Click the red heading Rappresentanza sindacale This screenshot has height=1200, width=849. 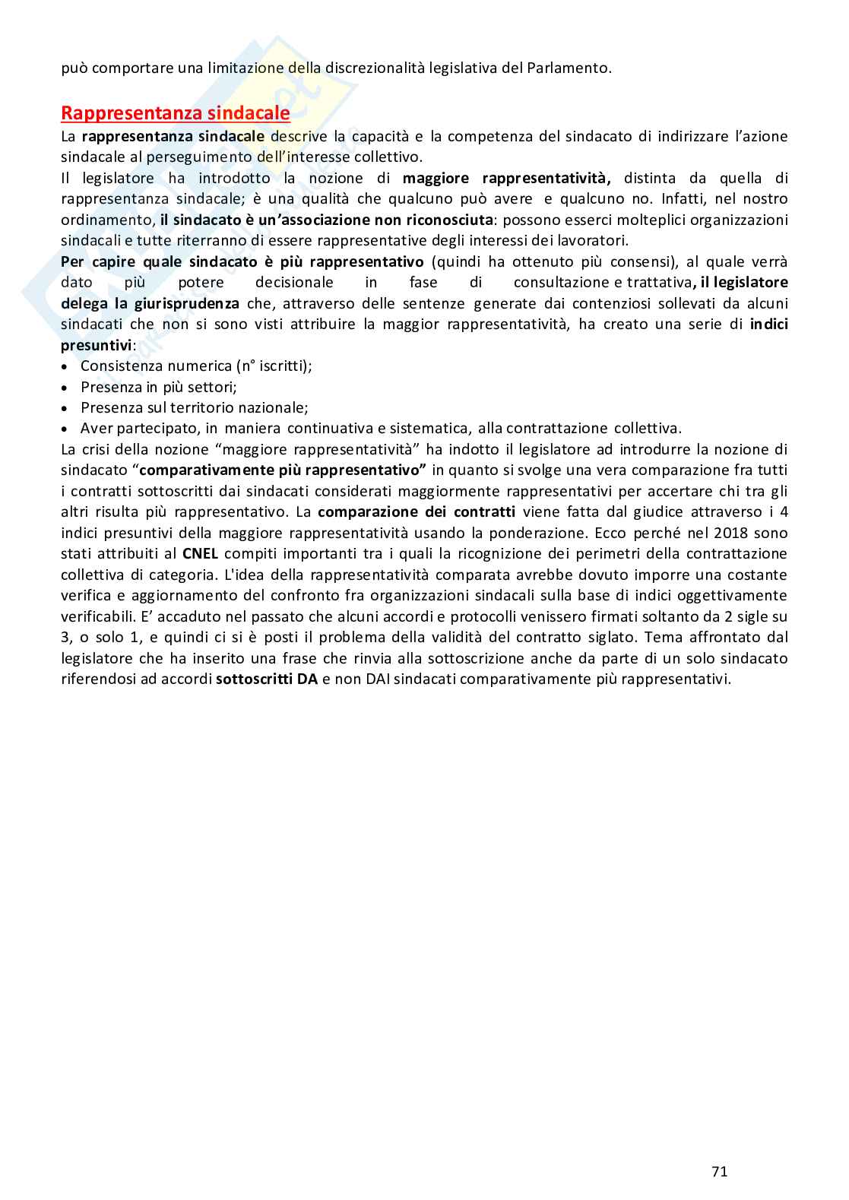click(x=175, y=113)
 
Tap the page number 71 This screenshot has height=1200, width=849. click(x=719, y=1171)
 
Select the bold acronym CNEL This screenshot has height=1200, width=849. click(x=201, y=553)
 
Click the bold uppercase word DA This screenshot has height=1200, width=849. click(x=307, y=679)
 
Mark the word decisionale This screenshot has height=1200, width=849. click(x=294, y=282)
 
